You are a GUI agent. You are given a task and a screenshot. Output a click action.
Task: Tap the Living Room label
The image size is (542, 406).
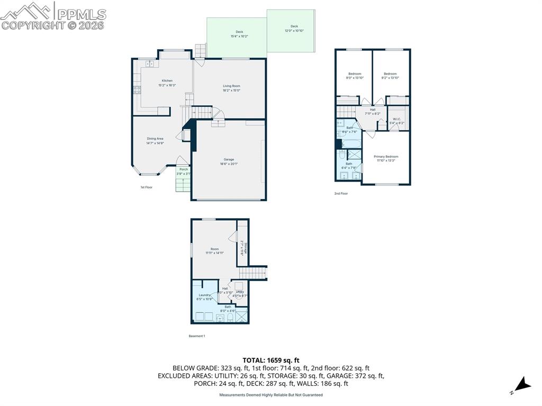tap(231, 86)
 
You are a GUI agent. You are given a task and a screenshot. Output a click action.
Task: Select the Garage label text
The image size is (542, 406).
tap(229, 159)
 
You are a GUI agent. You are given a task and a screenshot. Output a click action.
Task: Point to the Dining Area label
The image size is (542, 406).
tap(155, 139)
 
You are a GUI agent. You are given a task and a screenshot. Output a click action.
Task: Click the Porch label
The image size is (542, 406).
tap(183, 169)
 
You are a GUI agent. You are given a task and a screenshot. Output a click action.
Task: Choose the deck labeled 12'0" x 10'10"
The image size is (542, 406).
tap(294, 26)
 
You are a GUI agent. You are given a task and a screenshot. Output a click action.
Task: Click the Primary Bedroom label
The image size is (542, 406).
tap(386, 157)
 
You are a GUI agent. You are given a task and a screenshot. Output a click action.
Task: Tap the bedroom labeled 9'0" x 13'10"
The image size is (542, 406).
tap(355, 74)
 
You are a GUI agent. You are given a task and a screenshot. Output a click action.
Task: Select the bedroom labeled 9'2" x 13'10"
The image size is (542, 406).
tap(390, 74)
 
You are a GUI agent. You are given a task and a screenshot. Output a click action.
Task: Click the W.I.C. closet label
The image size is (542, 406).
tap(397, 119)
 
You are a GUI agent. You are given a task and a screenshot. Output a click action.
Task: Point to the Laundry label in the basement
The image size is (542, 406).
tap(205, 295)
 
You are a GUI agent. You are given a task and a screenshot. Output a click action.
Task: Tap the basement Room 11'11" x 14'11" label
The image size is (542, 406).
tap(214, 249)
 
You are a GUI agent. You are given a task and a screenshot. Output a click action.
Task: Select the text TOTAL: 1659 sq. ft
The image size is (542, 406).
tap(271, 360)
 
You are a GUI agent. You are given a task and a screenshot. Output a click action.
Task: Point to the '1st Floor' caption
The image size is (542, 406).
tap(147, 187)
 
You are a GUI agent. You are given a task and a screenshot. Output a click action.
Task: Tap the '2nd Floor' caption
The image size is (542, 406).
tap(341, 193)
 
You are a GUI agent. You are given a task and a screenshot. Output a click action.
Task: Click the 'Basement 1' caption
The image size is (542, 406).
tap(197, 336)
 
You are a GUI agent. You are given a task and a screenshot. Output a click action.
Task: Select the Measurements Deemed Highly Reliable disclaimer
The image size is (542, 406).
tap(271, 395)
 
